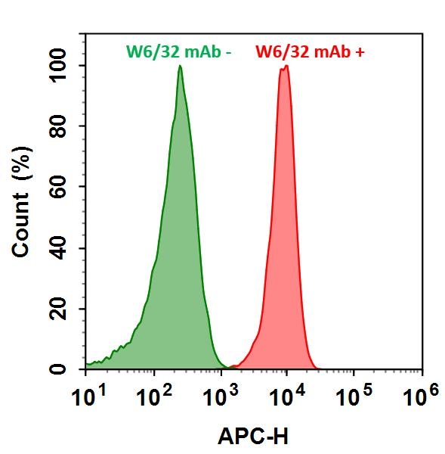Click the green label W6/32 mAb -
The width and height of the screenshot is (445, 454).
[178, 51]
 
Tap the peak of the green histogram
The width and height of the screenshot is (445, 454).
[180, 67]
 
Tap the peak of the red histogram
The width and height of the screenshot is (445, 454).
[286, 67]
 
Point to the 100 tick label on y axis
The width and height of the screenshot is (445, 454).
[61, 66]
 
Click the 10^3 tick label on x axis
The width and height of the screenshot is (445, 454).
[220, 394]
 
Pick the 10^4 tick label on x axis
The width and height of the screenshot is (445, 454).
[287, 394]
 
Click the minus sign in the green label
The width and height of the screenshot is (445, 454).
[228, 53]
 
